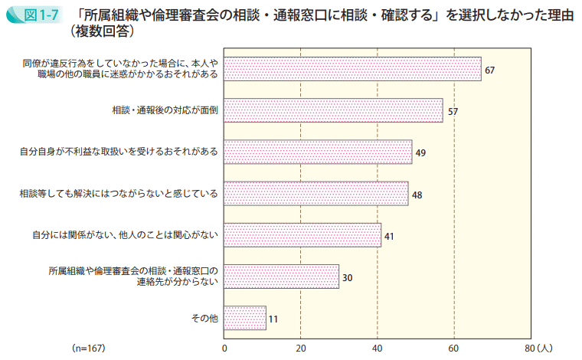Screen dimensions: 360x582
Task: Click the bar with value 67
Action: pos(352,69)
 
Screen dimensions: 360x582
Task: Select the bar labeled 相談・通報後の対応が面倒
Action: pos(333,110)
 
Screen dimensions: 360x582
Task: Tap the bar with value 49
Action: pos(318,152)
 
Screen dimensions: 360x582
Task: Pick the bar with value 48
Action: pos(316,193)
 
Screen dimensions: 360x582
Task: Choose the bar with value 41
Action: pos(302,234)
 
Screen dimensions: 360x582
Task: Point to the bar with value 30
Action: pos(281,276)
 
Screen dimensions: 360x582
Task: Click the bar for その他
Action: pos(245,317)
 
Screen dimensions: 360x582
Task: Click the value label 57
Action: pos(453,111)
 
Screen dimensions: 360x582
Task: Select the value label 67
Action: pos(490,70)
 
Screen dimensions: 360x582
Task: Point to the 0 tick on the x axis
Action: pos(224,348)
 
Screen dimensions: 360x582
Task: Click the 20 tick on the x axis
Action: pos(301,348)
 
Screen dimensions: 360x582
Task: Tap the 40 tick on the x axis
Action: pos(378,348)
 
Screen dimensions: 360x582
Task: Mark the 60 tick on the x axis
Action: pos(454,348)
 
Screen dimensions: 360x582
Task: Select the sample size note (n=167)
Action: pos(88,348)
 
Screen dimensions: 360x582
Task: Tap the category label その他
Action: pos(204,318)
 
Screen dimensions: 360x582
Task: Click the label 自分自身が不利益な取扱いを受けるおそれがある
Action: pos(119,152)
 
